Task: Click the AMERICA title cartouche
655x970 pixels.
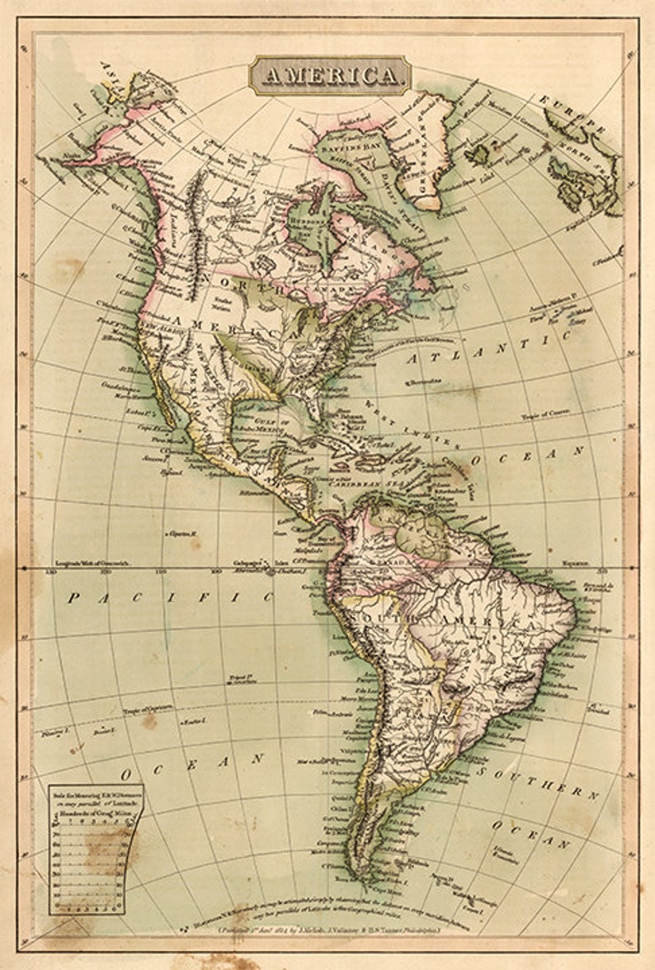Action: point(329,76)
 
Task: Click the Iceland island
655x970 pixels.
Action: point(478,153)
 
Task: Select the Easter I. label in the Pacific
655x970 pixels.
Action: point(192,722)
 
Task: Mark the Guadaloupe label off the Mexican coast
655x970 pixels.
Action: point(120,385)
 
